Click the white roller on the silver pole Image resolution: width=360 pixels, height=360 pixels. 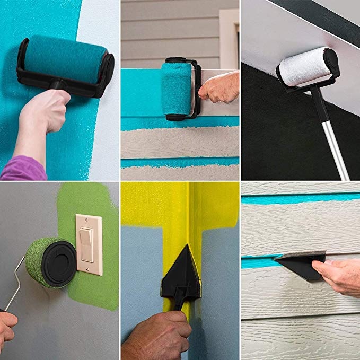point(302,67)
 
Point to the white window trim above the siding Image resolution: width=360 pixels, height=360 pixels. point(230,37)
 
